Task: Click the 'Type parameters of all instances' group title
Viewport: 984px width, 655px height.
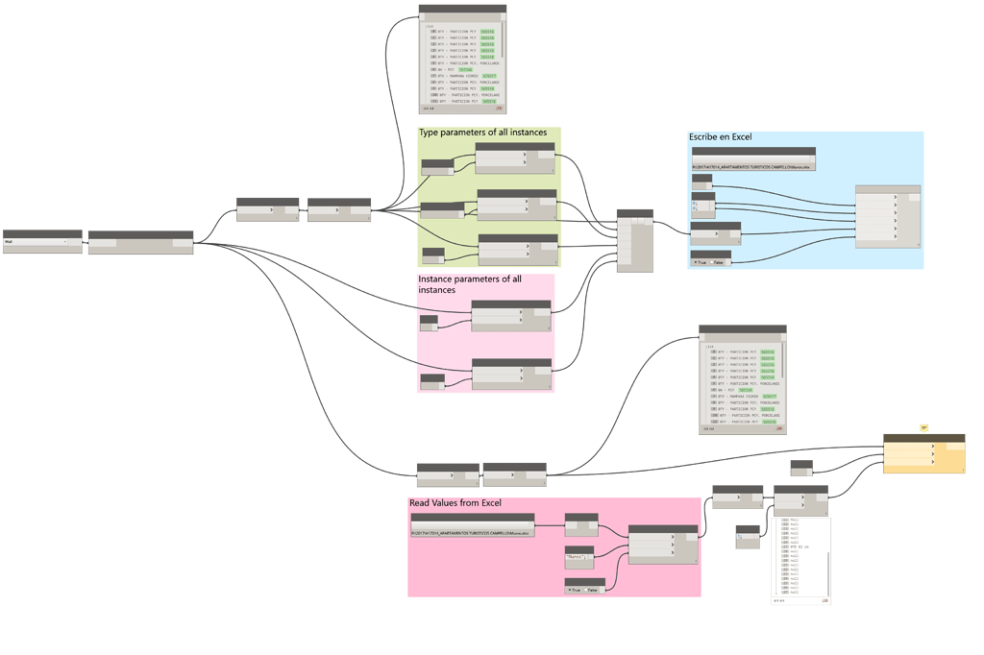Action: pos(482,133)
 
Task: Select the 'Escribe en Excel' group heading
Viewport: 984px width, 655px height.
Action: pos(720,137)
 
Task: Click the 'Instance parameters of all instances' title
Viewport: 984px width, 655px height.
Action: pos(470,284)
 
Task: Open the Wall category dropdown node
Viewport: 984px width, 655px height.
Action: pos(42,242)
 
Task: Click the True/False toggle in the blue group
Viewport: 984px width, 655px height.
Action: pos(710,259)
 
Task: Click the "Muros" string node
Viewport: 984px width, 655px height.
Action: pos(578,554)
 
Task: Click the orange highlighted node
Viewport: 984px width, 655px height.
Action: pos(923,453)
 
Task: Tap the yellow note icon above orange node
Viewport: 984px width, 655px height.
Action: pos(923,427)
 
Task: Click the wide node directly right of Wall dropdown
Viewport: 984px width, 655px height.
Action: pos(140,242)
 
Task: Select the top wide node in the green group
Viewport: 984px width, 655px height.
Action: pos(515,158)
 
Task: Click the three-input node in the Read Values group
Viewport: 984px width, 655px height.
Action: pos(662,544)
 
